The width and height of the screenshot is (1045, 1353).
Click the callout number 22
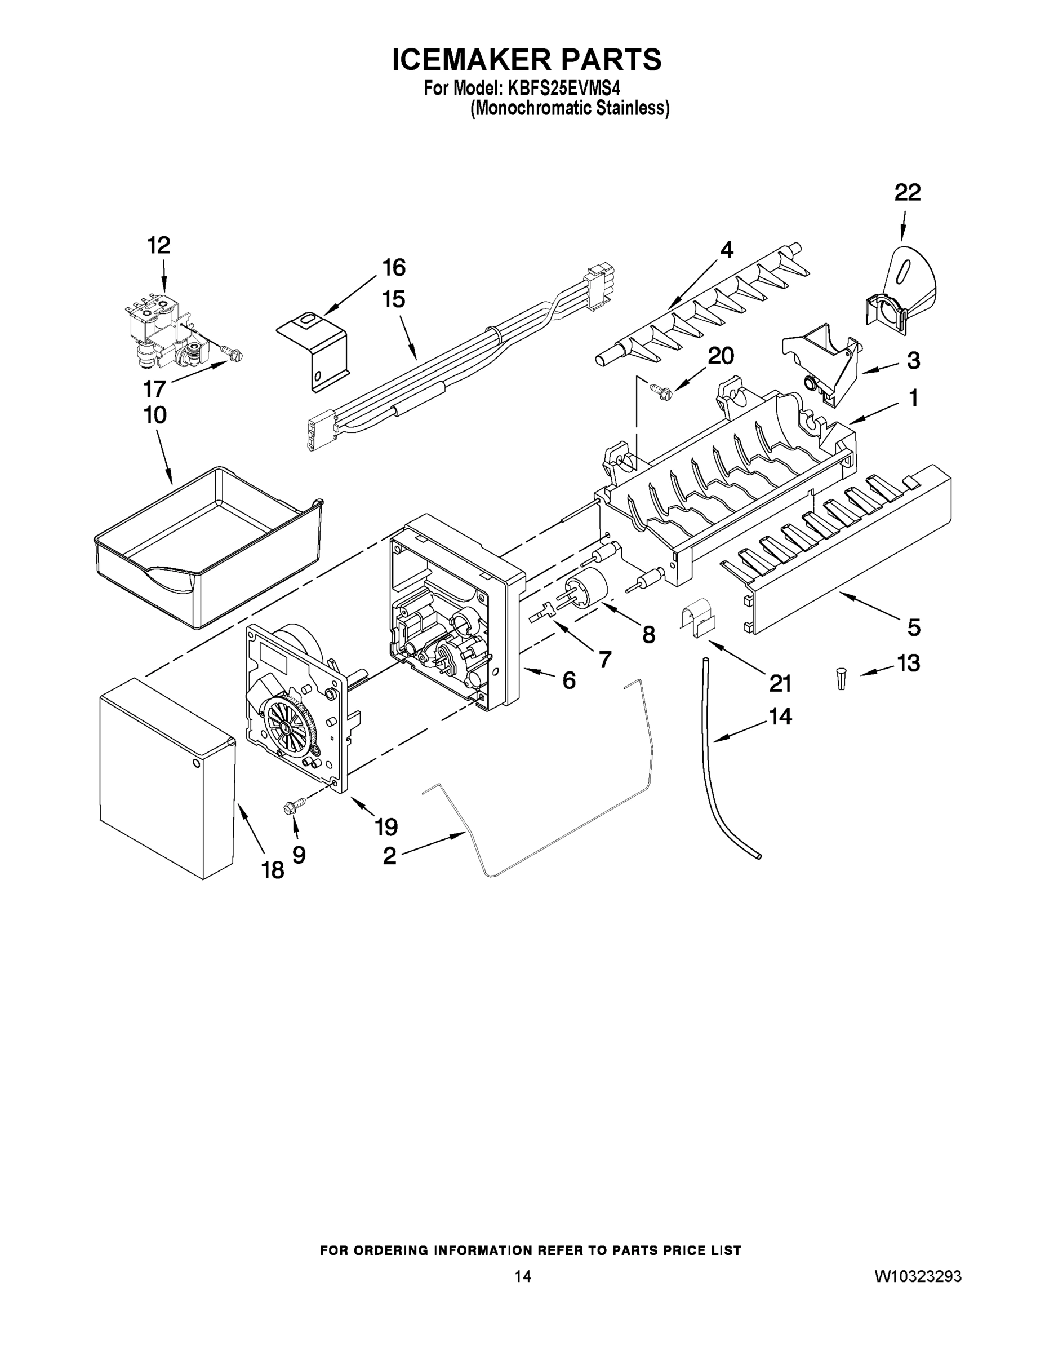tap(907, 193)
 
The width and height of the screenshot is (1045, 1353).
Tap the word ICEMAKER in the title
tap(470, 60)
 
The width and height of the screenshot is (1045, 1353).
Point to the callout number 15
tap(394, 299)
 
